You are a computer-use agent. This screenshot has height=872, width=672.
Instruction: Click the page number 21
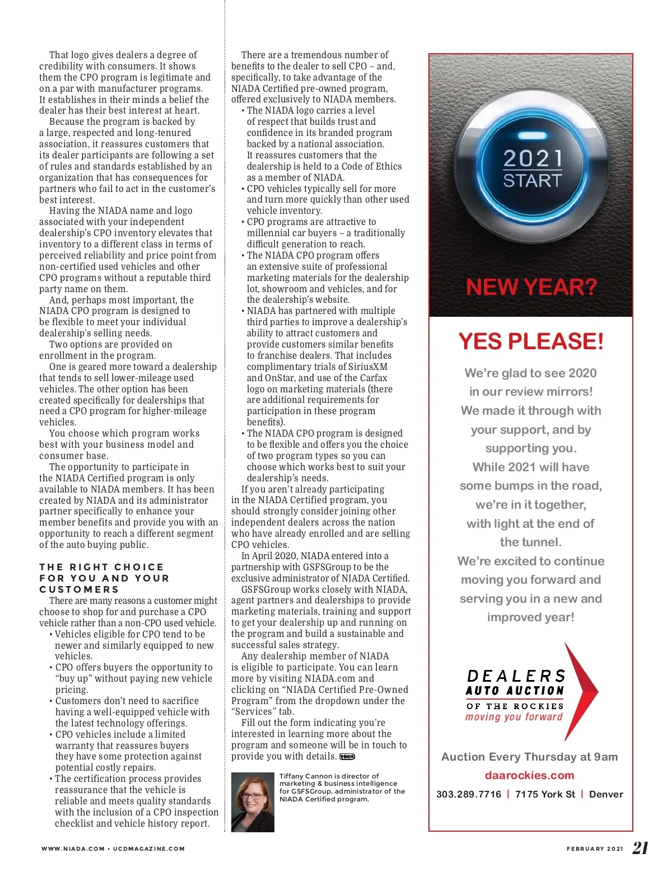640,848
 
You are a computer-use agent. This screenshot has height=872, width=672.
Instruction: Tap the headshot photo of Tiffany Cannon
253,801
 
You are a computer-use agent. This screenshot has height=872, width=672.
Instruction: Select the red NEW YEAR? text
531,288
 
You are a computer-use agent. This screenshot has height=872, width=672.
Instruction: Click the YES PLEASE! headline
531,341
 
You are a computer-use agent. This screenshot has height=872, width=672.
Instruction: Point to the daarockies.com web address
529,775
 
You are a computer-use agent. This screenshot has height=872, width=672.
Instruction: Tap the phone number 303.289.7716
469,794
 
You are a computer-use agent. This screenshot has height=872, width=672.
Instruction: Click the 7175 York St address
545,794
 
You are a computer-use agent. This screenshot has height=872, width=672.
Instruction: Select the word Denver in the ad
606,794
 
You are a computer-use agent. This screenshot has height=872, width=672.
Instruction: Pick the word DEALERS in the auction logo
516,676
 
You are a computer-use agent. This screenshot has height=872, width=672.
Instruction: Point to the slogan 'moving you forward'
514,717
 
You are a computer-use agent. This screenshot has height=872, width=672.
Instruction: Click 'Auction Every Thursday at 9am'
529,757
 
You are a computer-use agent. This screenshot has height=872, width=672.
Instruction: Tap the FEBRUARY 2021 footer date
595,848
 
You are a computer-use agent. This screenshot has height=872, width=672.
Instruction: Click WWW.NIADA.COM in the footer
73,848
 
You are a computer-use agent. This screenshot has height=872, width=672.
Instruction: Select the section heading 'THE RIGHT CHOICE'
101,567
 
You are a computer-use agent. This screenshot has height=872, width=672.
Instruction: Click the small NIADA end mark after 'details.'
347,757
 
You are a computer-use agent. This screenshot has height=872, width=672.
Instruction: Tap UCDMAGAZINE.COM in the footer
149,848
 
